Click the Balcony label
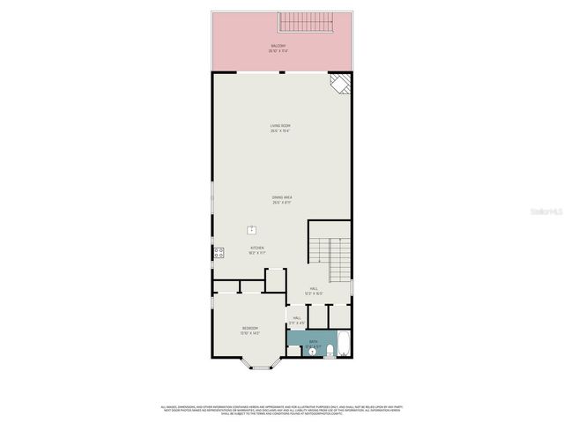[278, 48]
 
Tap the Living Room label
[281, 129]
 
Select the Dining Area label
[282, 200]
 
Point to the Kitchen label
[256, 250]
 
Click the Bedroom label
[250, 330]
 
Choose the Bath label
[314, 341]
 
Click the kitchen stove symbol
[218, 254]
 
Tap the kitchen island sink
[252, 230]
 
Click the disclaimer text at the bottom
[281, 410]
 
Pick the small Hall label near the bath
[296, 320]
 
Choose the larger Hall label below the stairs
[314, 290]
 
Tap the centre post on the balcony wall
[281, 72]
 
